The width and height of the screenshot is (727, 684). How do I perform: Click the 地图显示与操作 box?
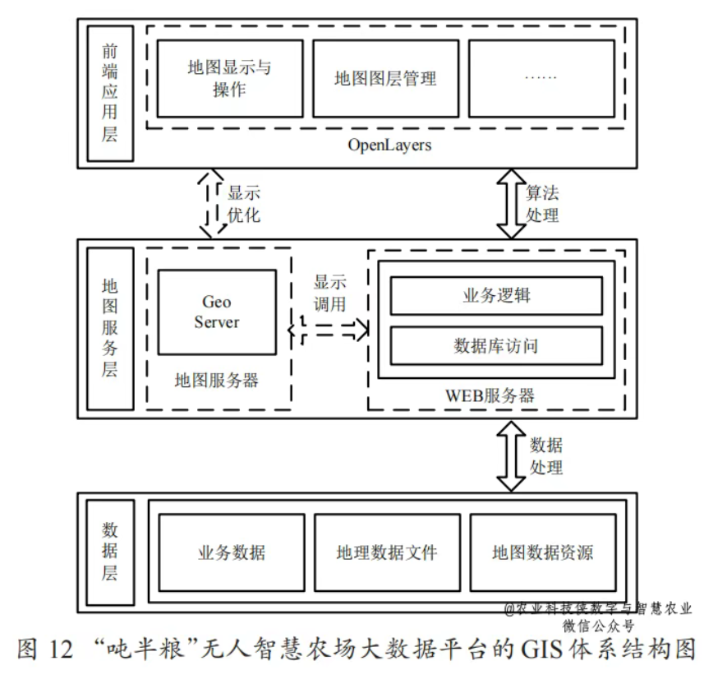(229, 78)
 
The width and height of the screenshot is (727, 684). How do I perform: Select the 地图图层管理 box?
(385, 78)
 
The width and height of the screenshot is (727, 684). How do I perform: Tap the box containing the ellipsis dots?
(541, 78)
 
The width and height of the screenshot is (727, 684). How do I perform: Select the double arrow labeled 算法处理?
(511, 203)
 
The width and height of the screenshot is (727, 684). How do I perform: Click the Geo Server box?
(217, 313)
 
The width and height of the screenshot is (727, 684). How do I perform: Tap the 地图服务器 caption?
(217, 380)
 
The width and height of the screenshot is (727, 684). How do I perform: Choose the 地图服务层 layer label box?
(110, 327)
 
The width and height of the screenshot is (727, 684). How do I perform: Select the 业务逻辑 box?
(496, 296)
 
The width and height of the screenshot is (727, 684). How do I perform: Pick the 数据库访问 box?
(496, 345)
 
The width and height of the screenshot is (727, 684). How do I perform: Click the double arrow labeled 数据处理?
(511, 456)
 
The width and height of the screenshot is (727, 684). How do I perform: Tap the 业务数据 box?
(231, 552)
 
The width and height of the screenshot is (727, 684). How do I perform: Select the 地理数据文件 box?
(386, 552)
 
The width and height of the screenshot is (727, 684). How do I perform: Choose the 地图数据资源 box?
(542, 552)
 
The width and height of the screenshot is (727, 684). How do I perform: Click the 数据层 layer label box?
(110, 551)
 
